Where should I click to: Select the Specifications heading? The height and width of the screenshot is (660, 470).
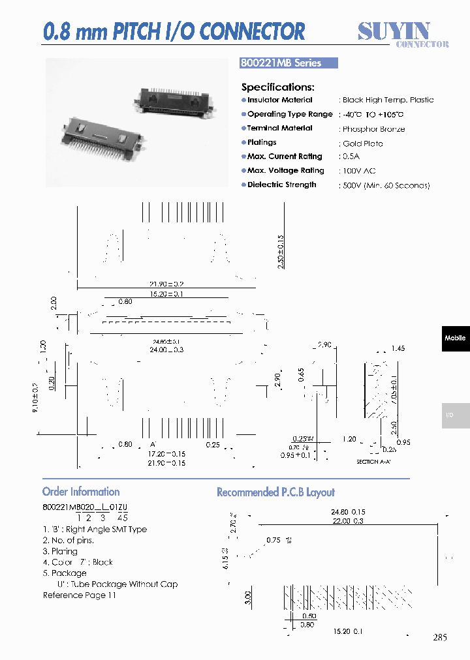(x=277, y=87)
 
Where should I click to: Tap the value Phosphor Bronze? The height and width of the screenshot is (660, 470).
(x=373, y=129)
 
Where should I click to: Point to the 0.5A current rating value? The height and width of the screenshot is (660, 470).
(x=351, y=157)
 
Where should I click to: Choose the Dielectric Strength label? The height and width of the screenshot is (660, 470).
(x=281, y=185)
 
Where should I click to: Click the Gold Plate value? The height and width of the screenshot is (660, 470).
(x=362, y=143)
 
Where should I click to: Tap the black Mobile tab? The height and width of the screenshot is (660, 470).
(x=455, y=338)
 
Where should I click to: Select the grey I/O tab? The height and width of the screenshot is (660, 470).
(x=455, y=415)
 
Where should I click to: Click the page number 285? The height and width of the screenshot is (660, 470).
(x=440, y=638)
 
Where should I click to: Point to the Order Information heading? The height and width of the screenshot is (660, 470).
(x=81, y=492)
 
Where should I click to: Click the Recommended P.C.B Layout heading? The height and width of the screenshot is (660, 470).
(x=275, y=492)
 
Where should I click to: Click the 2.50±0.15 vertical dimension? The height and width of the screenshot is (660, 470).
(x=281, y=253)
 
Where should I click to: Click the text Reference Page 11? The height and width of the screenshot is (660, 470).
(x=79, y=595)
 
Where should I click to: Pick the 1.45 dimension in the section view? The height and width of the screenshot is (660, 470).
(x=398, y=349)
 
